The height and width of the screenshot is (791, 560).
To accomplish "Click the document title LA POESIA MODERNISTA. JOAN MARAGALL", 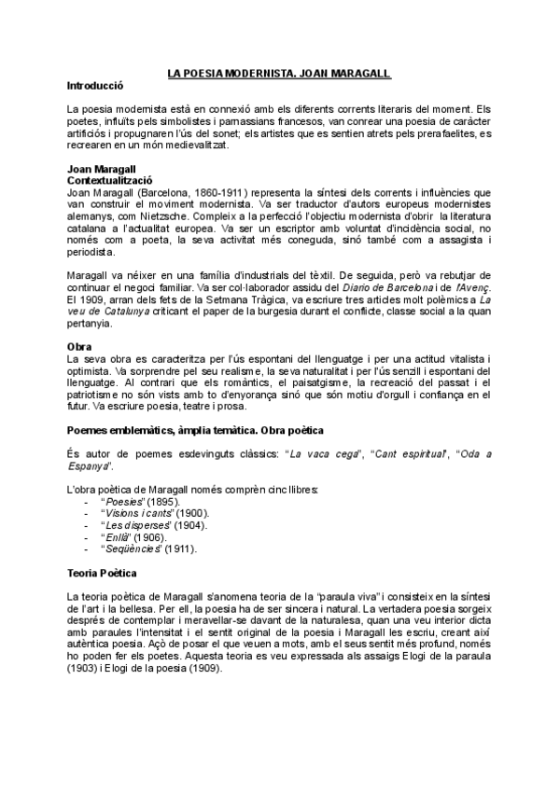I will click(x=279, y=72).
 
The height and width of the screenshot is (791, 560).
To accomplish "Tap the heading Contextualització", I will click(x=110, y=178).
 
